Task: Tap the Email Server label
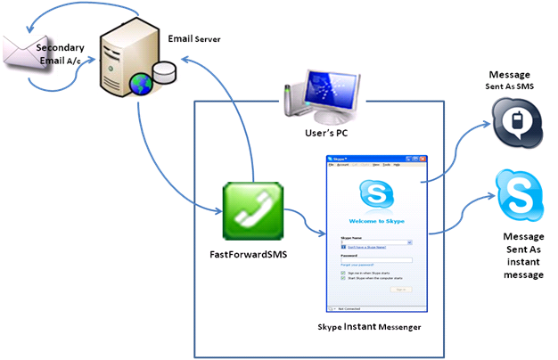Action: click(193, 39)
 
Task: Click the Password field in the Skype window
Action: click(375, 259)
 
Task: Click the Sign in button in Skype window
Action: click(402, 289)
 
